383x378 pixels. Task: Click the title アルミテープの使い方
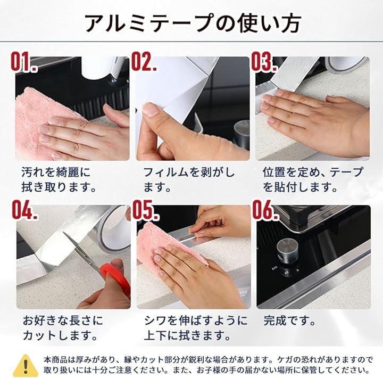(193, 23)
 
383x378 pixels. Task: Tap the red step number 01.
(24, 62)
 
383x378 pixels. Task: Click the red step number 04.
(25, 210)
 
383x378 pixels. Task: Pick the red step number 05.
(146, 210)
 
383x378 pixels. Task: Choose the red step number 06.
(265, 210)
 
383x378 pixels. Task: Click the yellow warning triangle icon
(26, 366)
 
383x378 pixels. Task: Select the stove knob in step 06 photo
(287, 250)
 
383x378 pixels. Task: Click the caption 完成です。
(290, 321)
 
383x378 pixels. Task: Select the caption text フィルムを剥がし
(189, 172)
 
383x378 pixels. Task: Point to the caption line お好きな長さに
(63, 321)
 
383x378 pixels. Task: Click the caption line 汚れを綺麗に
(56, 172)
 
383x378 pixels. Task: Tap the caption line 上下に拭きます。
(187, 335)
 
